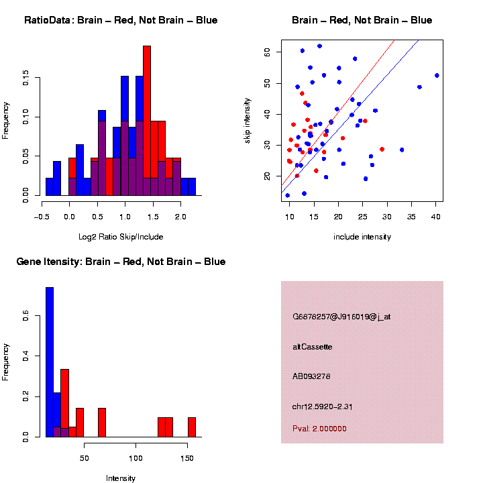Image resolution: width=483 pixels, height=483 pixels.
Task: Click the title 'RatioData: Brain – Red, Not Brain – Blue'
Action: [x=121, y=20]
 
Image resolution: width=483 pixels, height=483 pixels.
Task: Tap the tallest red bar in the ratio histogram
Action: [x=147, y=121]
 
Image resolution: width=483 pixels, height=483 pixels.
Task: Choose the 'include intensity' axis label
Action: [x=362, y=237]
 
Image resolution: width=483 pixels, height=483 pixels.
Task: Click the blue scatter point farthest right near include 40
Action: [x=437, y=75]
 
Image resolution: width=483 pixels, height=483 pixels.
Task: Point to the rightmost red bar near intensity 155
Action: [x=192, y=427]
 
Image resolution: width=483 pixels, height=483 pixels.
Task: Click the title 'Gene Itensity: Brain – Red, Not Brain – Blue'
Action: [x=121, y=262]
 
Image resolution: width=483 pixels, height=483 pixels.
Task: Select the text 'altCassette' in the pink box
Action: [x=313, y=347]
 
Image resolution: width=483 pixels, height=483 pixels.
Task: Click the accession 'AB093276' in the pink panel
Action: [x=312, y=376]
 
